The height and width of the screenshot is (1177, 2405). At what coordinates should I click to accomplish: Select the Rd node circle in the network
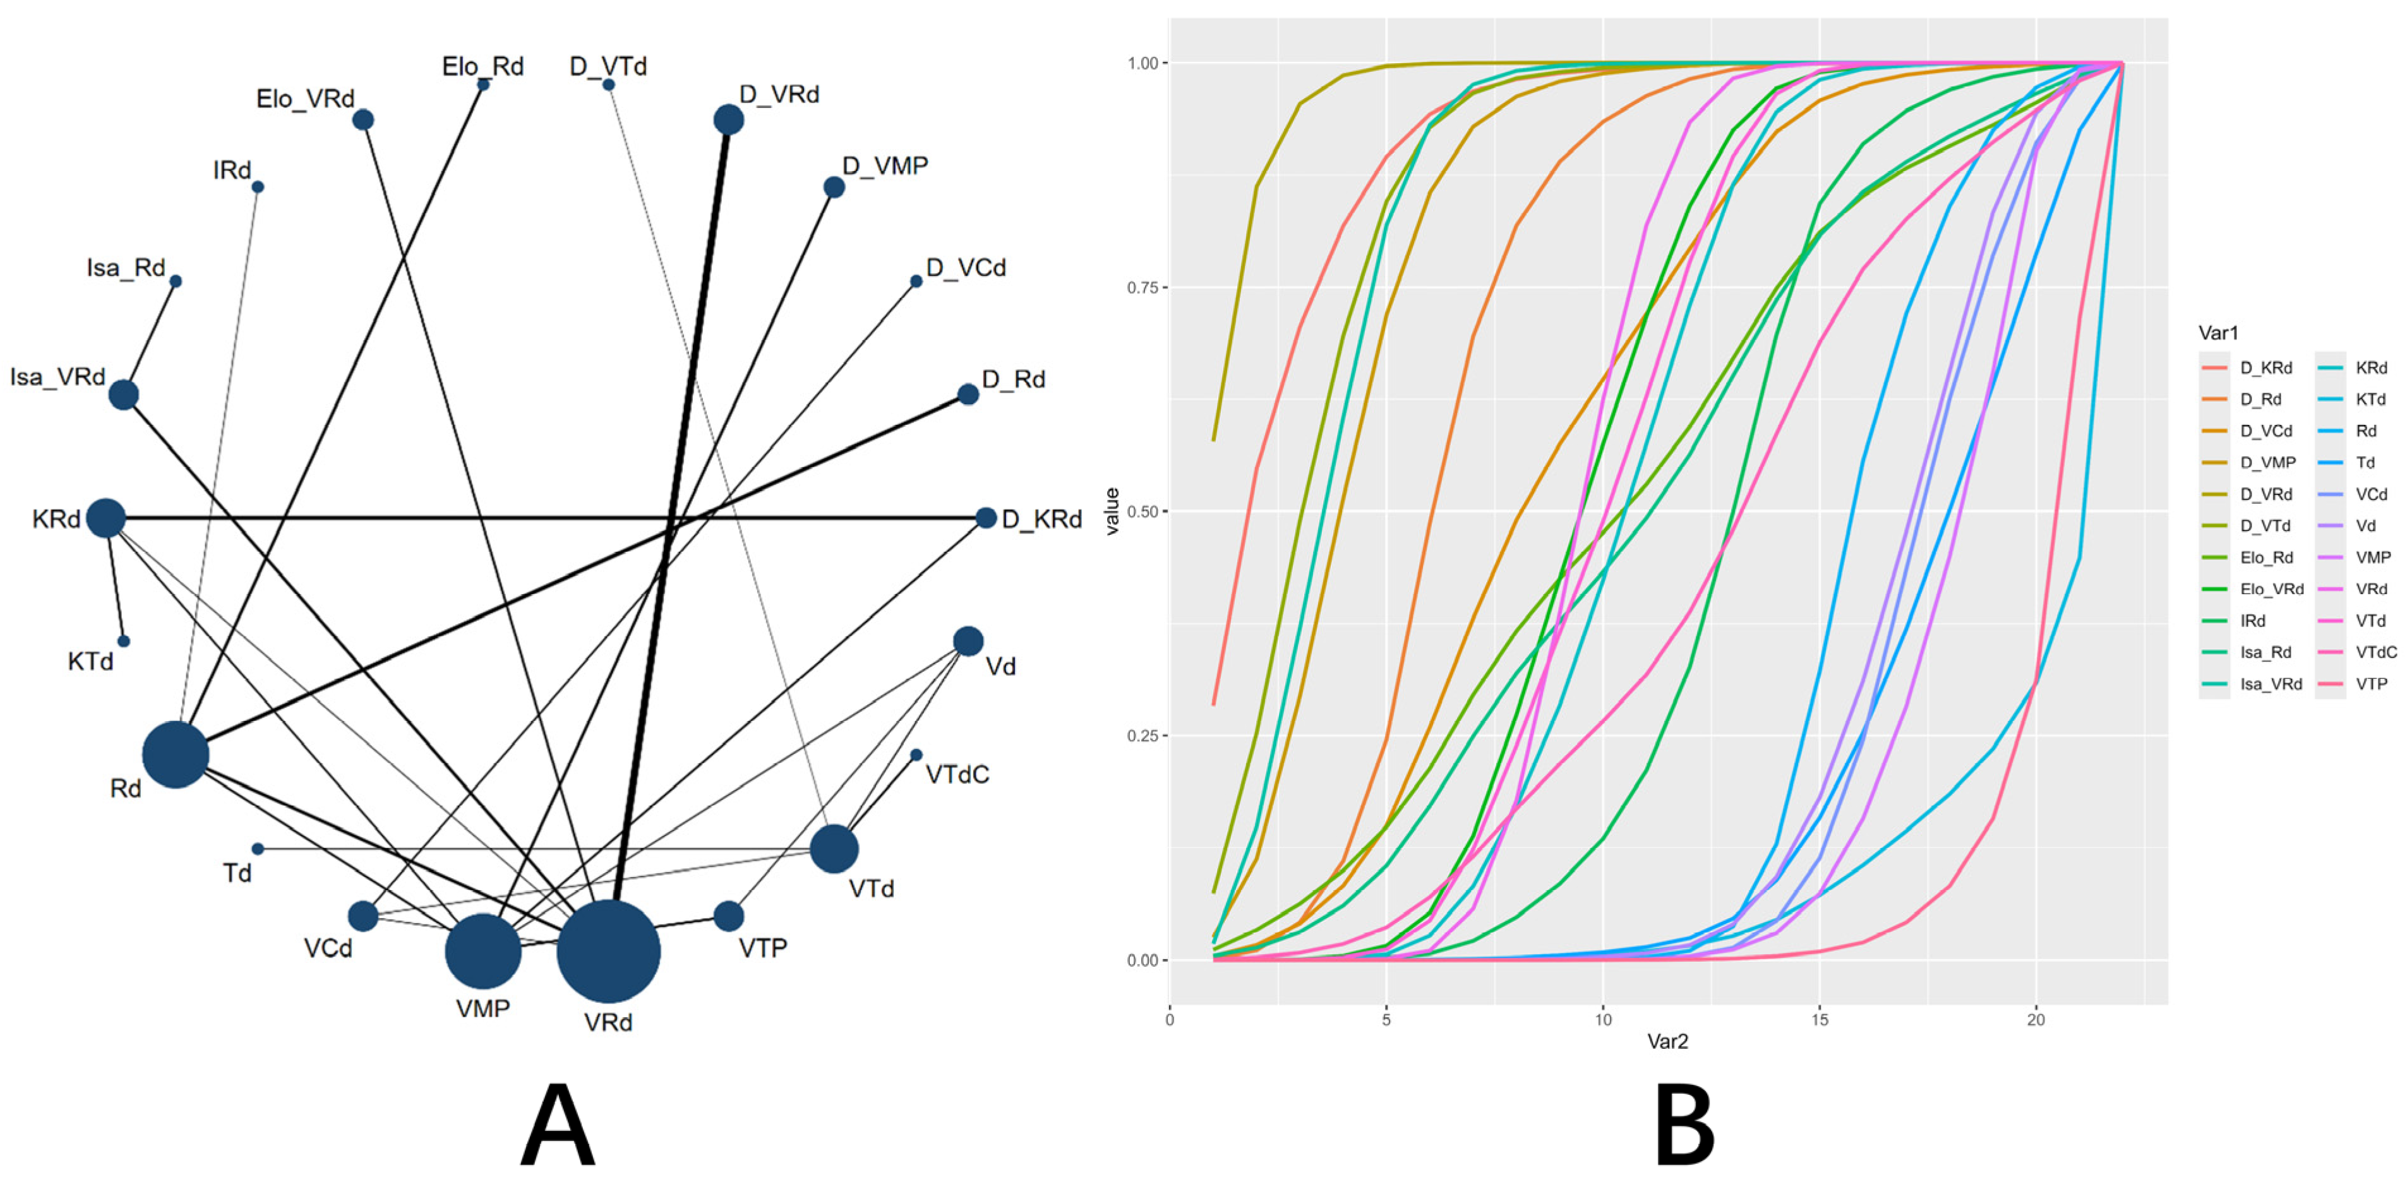(176, 754)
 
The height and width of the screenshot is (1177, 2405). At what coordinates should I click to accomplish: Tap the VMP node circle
(483, 951)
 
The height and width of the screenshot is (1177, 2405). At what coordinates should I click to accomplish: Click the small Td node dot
(258, 849)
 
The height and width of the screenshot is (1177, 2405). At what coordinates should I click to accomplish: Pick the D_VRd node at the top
(728, 119)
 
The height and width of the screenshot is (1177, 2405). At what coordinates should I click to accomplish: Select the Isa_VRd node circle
(123, 395)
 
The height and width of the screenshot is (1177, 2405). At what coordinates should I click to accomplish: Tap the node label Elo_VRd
(305, 99)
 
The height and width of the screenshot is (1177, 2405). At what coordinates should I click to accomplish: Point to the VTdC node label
(957, 775)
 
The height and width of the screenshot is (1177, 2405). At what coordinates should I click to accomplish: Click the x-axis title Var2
(1667, 1042)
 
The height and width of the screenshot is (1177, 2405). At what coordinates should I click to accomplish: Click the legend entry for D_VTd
(2265, 525)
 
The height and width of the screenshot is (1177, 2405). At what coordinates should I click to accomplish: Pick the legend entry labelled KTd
(2370, 400)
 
